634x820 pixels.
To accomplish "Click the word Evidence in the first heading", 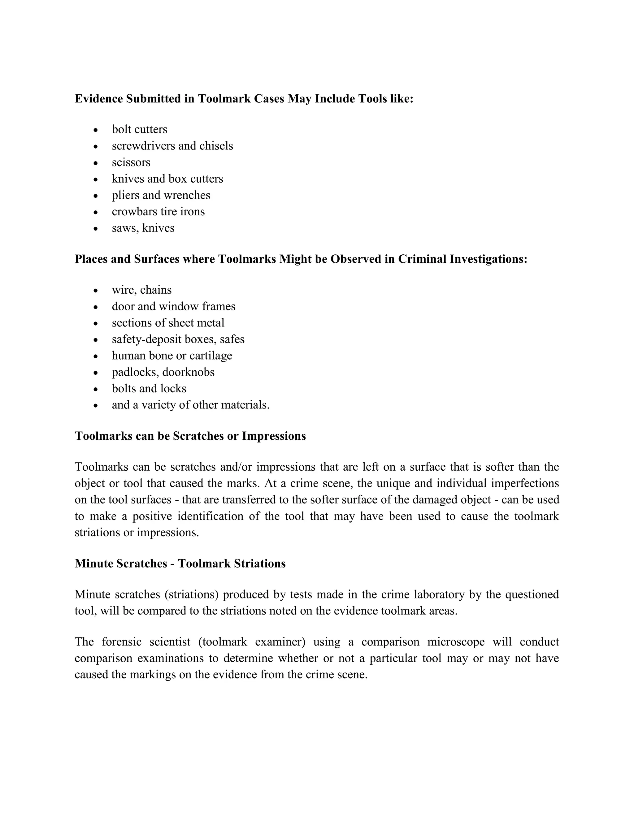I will (99, 99).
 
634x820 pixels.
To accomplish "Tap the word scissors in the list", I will (131, 162).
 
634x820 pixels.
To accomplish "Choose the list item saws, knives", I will (143, 228).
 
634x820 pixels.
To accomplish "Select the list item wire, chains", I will (141, 290).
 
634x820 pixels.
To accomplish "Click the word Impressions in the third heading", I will (273, 436).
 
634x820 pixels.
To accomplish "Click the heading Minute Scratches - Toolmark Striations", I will (180, 563).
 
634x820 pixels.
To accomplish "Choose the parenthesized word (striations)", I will (192, 595).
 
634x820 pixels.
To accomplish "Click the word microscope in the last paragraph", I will (456, 642).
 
